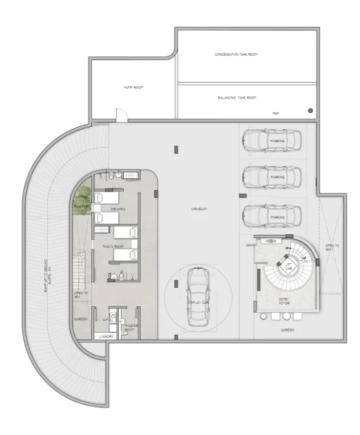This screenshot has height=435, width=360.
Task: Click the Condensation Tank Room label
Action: point(236,55)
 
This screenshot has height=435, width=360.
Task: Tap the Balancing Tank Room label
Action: point(236,97)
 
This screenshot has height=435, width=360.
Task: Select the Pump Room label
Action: point(133,87)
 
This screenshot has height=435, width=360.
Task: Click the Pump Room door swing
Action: point(121,114)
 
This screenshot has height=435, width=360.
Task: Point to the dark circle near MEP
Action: point(310,110)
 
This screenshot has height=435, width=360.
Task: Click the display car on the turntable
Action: point(197,297)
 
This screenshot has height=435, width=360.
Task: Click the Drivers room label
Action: point(118,210)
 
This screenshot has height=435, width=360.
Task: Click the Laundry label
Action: point(88,336)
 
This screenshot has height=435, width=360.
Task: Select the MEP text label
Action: point(276,113)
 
